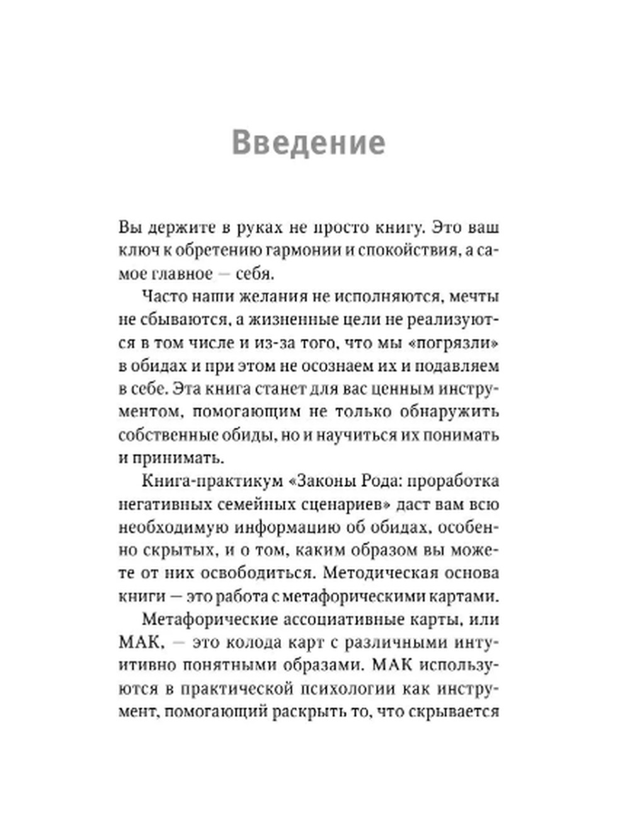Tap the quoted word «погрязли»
point(458,343)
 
